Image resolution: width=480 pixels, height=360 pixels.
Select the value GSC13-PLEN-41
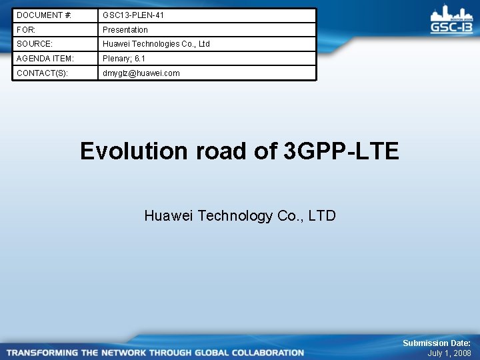coord(133,15)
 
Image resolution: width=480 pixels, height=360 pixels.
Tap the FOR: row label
coord(26,29)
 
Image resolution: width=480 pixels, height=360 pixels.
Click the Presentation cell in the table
coord(125,29)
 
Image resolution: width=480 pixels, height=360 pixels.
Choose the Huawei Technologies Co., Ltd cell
coord(155,44)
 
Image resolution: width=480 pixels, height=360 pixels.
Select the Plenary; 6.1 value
coord(123,59)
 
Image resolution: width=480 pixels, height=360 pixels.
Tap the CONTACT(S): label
coord(42,73)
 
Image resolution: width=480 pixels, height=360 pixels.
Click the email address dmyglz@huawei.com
coord(141,73)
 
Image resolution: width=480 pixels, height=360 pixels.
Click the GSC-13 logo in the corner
coord(451,20)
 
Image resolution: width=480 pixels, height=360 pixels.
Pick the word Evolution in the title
coord(134,151)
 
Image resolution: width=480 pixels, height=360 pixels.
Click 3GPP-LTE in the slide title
coord(341,151)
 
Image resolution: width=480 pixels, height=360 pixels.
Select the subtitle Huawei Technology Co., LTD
coord(240,215)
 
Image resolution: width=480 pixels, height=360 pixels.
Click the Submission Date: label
coord(436,343)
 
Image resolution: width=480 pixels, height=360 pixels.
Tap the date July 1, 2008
coord(449,353)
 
